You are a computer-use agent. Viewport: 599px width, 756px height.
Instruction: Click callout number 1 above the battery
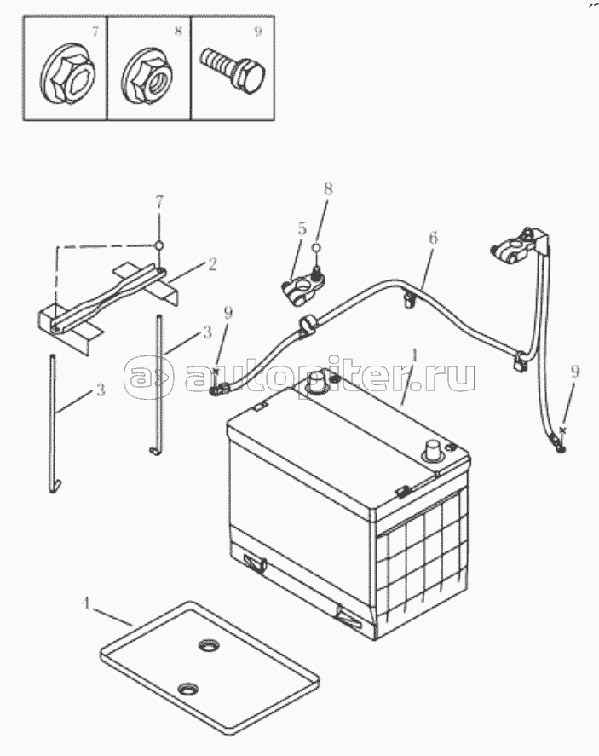[x=414, y=355]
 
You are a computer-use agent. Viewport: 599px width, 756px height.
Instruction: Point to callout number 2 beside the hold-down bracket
[x=211, y=265]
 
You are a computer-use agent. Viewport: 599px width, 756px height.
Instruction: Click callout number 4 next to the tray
[x=86, y=603]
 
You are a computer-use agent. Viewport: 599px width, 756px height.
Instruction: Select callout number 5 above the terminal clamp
[x=302, y=228]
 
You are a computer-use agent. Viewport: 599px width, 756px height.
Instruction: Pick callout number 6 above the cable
[x=433, y=238]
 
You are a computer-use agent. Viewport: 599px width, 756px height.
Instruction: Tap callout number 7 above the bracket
[x=159, y=201]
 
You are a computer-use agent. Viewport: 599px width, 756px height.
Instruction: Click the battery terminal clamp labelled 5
[x=302, y=287]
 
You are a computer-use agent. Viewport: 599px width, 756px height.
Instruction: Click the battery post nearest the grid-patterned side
[x=431, y=449]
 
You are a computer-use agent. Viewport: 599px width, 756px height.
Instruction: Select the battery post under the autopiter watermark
[x=317, y=381]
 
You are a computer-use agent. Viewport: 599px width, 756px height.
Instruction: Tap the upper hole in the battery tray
[x=209, y=644]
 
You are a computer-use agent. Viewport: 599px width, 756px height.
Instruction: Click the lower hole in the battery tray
[x=187, y=689]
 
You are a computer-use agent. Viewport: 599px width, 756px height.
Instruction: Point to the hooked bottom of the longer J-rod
[x=54, y=486]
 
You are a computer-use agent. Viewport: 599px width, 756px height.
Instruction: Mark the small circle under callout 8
[x=315, y=248]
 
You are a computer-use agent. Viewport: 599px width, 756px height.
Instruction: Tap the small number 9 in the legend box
[x=258, y=32]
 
